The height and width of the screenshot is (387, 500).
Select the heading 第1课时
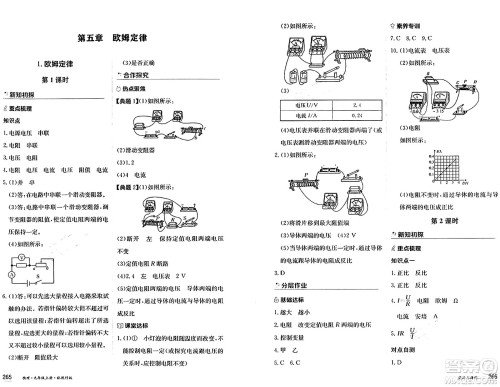pyautogui.click(x=51, y=77)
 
